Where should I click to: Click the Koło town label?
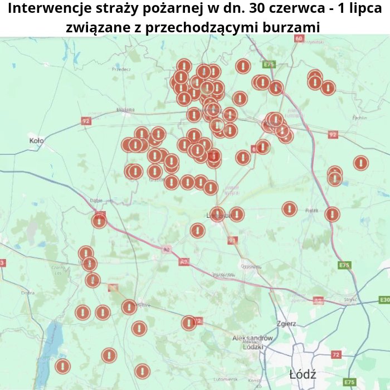(36, 141)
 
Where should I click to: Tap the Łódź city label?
(303, 374)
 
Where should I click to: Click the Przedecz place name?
(121, 69)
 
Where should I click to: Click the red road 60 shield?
(299, 38)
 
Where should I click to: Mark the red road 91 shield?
(232, 240)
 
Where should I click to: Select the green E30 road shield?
(384, 300)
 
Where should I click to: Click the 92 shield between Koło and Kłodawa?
(85, 120)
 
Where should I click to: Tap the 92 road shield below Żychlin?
(333, 134)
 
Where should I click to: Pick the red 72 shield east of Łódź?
(335, 354)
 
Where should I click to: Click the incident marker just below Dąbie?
(99, 221)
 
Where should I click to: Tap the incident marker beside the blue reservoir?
(62, 366)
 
